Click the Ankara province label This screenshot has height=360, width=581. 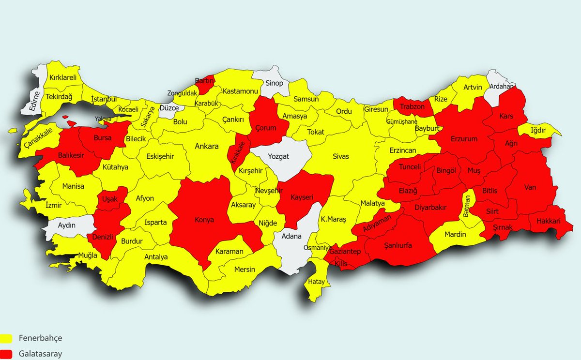tap(207, 146)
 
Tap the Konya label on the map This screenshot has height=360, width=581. tap(204, 219)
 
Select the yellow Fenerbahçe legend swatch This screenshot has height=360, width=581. tap(6, 338)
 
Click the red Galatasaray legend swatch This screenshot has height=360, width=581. tap(6, 354)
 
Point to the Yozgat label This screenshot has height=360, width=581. tap(279, 156)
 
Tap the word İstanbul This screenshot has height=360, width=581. tap(105, 99)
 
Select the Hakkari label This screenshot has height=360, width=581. tap(548, 221)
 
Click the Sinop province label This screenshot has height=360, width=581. tap(274, 83)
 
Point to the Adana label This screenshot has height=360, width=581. tap(291, 237)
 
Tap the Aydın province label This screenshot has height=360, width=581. tap(67, 226)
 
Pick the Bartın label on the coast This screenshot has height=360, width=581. tap(204, 81)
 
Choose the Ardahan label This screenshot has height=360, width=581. tap(502, 87)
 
